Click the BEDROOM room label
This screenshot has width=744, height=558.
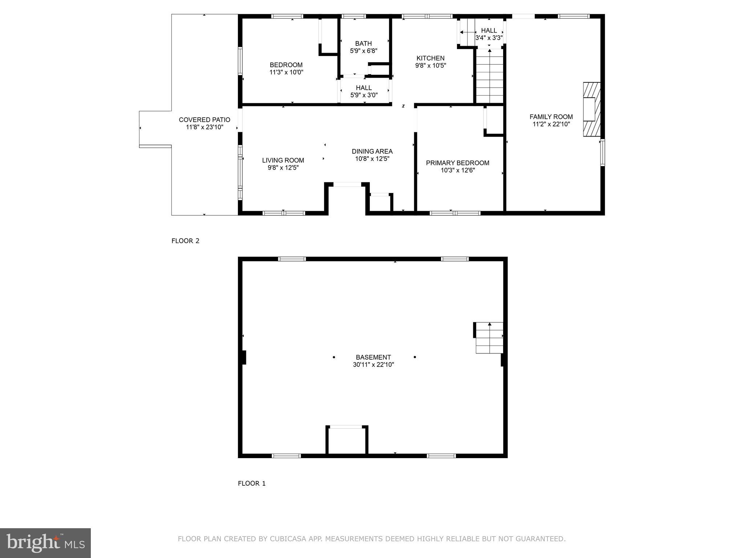(286, 69)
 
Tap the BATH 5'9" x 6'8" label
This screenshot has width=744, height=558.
(364, 47)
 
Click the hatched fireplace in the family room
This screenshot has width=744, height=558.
(591, 109)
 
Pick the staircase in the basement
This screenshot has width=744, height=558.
(489, 338)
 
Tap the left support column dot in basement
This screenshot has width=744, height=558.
(334, 357)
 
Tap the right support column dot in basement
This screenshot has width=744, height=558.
(415, 357)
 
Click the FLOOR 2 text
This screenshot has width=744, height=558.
(185, 241)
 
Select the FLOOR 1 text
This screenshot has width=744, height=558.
(252, 484)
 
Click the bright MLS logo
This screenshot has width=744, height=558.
(45, 543)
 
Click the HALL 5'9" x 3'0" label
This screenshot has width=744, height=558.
(364, 92)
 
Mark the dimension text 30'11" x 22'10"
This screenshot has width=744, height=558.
(373, 365)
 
